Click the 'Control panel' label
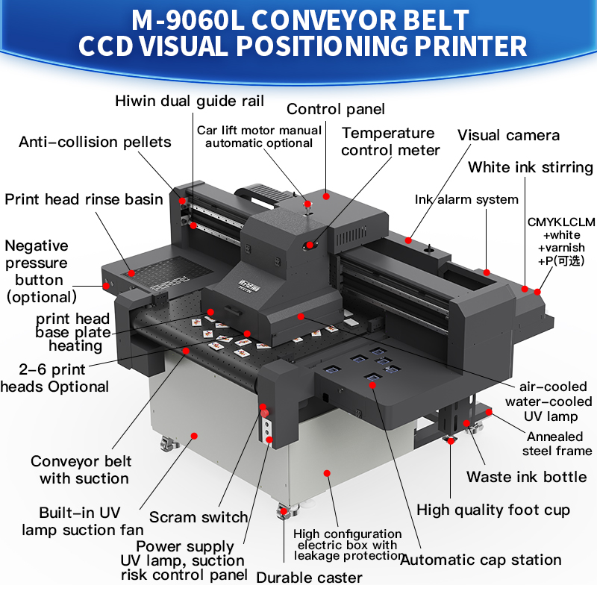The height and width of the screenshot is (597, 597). click(335, 109)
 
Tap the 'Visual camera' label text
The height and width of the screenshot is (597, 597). click(508, 135)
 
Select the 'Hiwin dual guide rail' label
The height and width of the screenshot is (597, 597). click(190, 101)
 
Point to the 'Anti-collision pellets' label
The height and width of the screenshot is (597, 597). click(95, 142)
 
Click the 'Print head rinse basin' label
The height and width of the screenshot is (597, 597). click(84, 199)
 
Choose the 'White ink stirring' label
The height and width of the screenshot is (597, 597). click(531, 167)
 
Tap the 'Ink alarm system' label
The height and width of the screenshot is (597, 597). click(466, 199)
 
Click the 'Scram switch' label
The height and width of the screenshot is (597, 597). click(199, 517)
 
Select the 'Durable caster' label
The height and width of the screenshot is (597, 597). click(309, 578)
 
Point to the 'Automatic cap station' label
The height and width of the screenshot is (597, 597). click(481, 560)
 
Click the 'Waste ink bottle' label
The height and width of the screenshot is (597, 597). click(527, 477)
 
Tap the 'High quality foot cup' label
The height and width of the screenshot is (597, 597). click(493, 510)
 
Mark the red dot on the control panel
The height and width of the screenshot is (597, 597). click(326, 196)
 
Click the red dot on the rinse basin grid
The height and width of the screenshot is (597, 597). click(131, 273)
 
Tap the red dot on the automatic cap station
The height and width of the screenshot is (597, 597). click(372, 385)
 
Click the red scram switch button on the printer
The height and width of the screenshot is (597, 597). click(265, 413)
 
